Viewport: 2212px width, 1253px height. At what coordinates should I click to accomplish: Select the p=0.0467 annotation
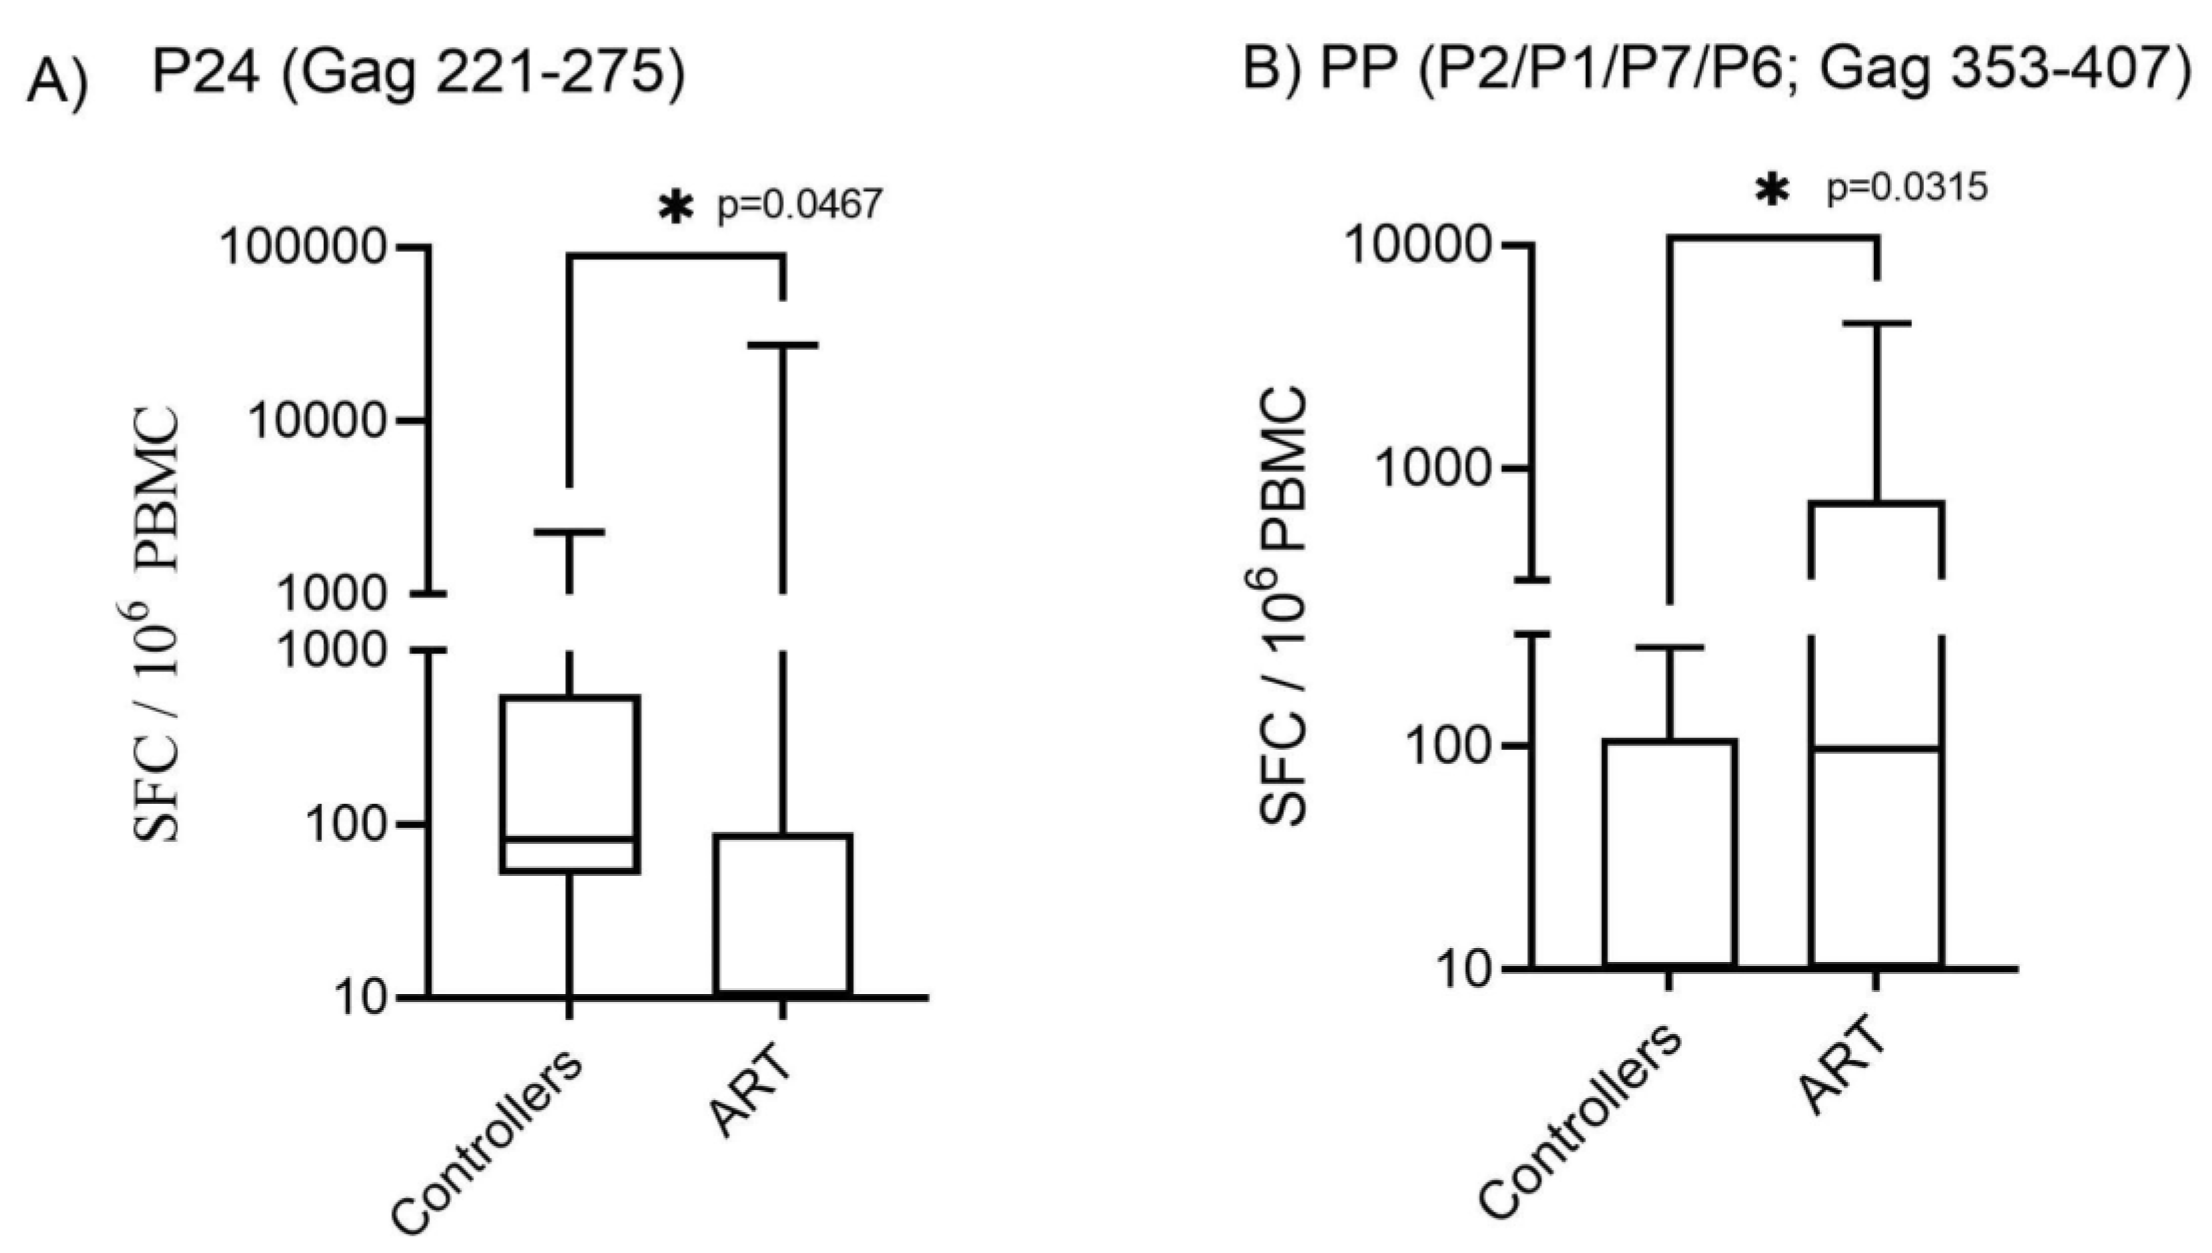click(799, 205)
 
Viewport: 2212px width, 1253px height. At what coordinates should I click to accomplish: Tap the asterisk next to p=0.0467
click(675, 207)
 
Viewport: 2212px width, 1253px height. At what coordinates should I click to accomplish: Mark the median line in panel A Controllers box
click(569, 840)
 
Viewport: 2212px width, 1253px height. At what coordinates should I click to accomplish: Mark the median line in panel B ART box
click(1876, 749)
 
